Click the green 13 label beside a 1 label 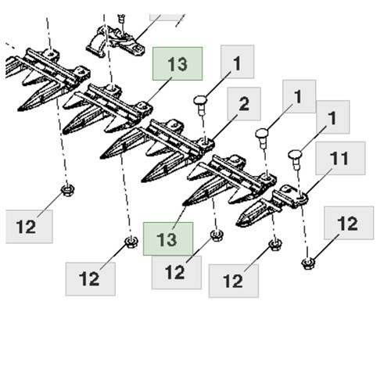(x=178, y=63)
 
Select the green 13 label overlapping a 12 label (x=168, y=239)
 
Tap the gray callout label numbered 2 (x=244, y=104)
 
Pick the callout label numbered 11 (x=340, y=158)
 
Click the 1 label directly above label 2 (x=237, y=62)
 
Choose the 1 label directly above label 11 (x=333, y=117)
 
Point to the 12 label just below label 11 (x=349, y=223)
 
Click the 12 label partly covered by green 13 (x=177, y=272)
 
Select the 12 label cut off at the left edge (x=29, y=227)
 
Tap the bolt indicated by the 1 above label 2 (x=200, y=105)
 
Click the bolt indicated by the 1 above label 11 (x=295, y=160)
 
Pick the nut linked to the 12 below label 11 (x=308, y=263)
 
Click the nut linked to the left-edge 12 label (x=67, y=190)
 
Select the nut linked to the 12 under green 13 (x=217, y=235)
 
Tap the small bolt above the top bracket (x=120, y=19)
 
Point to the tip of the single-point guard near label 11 (x=237, y=224)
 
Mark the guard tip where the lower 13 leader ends (x=184, y=204)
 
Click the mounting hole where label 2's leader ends (x=206, y=142)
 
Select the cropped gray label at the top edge (x=167, y=17)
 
